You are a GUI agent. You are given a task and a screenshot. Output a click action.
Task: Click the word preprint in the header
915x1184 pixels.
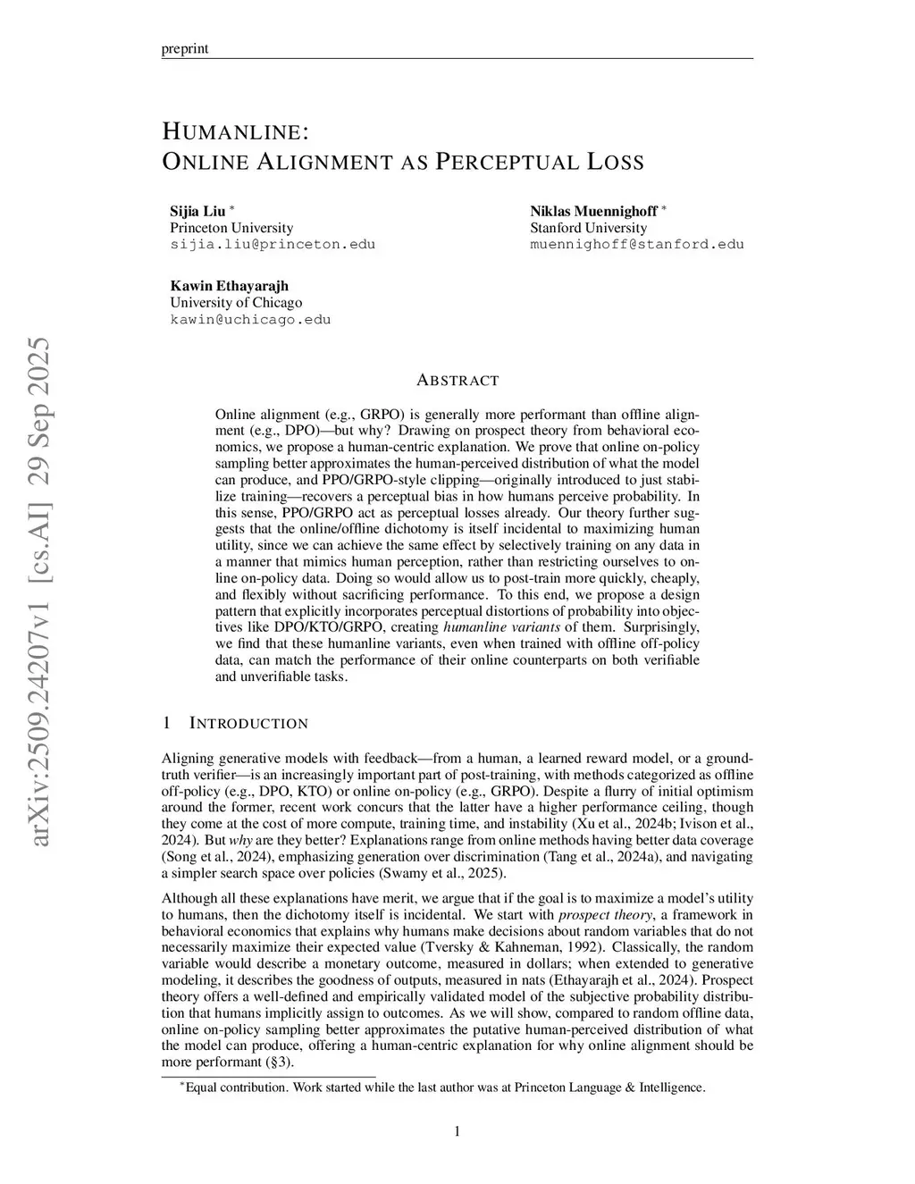(185, 48)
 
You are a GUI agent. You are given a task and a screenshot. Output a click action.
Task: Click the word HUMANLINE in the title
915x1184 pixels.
(235, 132)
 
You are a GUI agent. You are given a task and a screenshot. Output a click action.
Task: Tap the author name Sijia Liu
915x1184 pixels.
(197, 212)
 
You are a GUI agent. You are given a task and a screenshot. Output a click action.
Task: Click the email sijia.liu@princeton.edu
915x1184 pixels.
(273, 244)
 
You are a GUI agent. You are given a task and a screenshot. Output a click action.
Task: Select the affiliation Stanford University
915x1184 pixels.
(588, 228)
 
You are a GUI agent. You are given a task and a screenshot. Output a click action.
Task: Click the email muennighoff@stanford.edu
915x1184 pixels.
(636, 244)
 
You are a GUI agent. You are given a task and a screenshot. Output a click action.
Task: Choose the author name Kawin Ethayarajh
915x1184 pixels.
(230, 286)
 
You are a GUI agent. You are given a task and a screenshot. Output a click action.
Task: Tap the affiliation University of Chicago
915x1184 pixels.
(236, 302)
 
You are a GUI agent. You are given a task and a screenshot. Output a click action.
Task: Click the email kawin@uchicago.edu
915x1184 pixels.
(250, 319)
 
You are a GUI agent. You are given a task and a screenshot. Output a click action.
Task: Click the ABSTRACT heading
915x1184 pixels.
(457, 381)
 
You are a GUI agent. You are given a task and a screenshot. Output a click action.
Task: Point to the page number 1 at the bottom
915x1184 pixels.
(457, 1132)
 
